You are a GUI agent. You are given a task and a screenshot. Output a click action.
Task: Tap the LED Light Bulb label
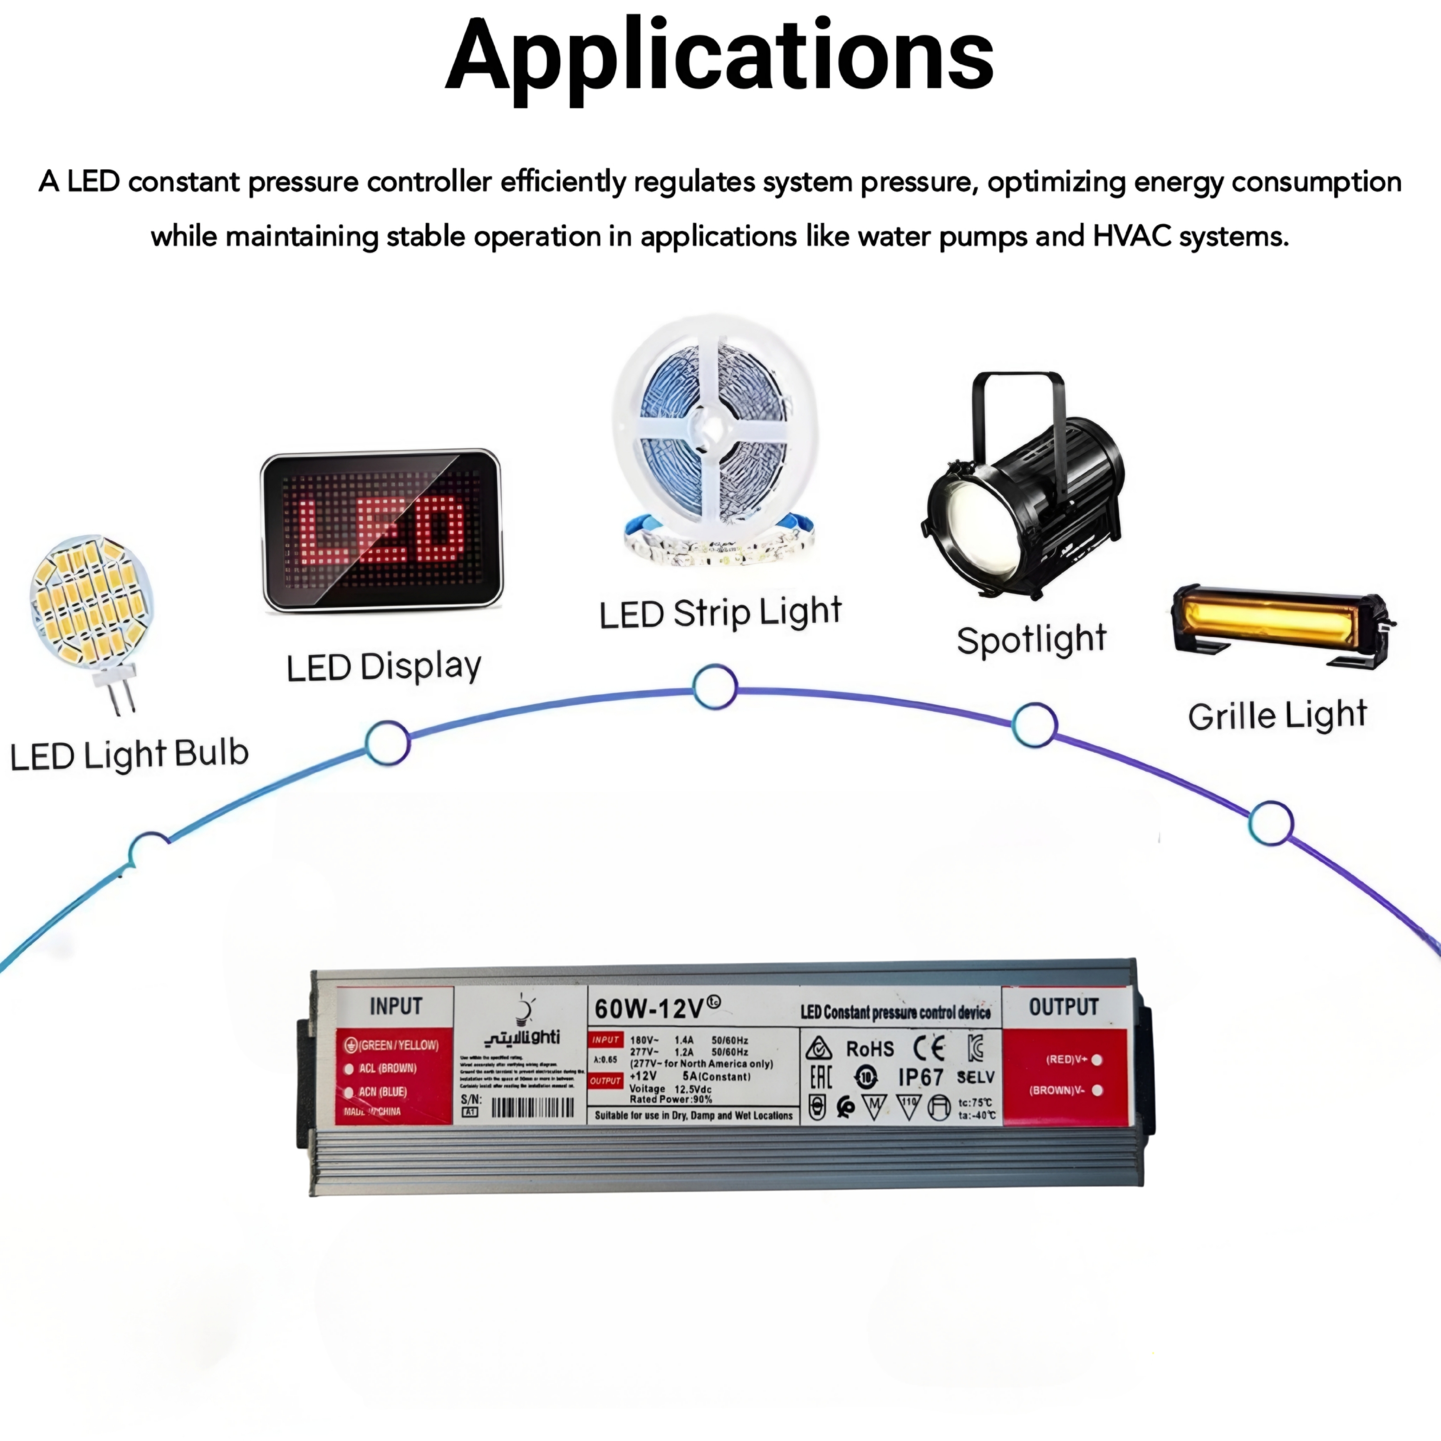pyautogui.click(x=129, y=754)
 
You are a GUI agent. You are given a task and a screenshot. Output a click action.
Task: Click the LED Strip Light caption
pyautogui.click(x=720, y=613)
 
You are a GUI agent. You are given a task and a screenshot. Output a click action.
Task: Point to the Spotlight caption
pyautogui.click(x=1032, y=640)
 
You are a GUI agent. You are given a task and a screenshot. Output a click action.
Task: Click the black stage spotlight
pyautogui.click(x=1023, y=488)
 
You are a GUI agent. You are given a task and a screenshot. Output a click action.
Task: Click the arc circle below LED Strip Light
pyautogui.click(x=715, y=686)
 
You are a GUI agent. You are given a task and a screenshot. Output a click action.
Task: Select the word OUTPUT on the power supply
pyautogui.click(x=1064, y=1007)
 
